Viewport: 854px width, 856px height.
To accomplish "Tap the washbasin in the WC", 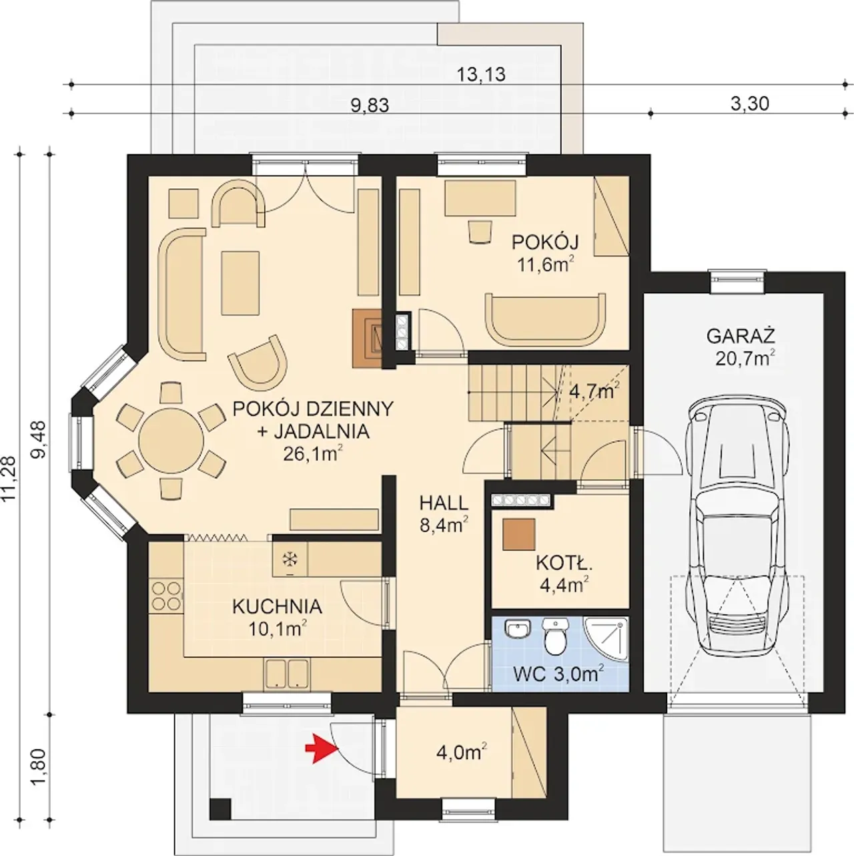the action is [x=518, y=629].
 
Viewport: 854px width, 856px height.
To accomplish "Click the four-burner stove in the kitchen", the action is [x=166, y=596].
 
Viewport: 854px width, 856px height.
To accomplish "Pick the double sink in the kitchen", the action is [x=287, y=673].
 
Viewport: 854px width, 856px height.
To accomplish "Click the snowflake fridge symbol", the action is [x=290, y=559].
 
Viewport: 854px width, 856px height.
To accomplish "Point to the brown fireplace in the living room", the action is [x=368, y=338].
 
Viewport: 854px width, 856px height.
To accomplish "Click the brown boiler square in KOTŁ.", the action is [x=519, y=534].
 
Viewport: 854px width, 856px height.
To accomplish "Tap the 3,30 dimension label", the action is [x=749, y=103].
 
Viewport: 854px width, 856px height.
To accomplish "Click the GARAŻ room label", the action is [x=741, y=336].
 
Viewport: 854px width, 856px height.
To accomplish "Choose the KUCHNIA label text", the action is [x=278, y=606].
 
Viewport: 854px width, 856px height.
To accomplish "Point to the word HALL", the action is [x=444, y=503].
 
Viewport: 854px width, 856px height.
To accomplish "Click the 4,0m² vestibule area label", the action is [x=462, y=753].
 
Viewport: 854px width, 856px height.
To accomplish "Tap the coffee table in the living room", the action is [x=240, y=282].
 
